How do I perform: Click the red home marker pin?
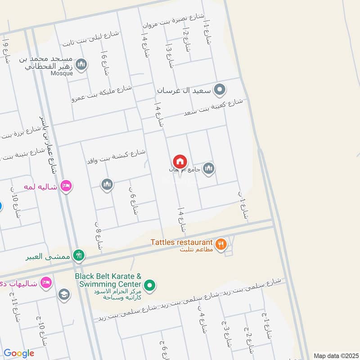point(180,162)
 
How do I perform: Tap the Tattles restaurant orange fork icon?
point(221,244)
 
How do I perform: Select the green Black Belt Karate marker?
point(150,284)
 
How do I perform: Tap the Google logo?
point(19,353)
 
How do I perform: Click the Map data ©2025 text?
point(335,355)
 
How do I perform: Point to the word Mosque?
point(61,73)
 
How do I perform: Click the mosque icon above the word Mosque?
point(81,65)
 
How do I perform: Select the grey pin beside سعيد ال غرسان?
point(219,90)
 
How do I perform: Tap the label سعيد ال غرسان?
point(184,90)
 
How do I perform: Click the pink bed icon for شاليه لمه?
point(66,186)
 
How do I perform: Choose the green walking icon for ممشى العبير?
point(79,255)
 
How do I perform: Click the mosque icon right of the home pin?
point(208,169)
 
